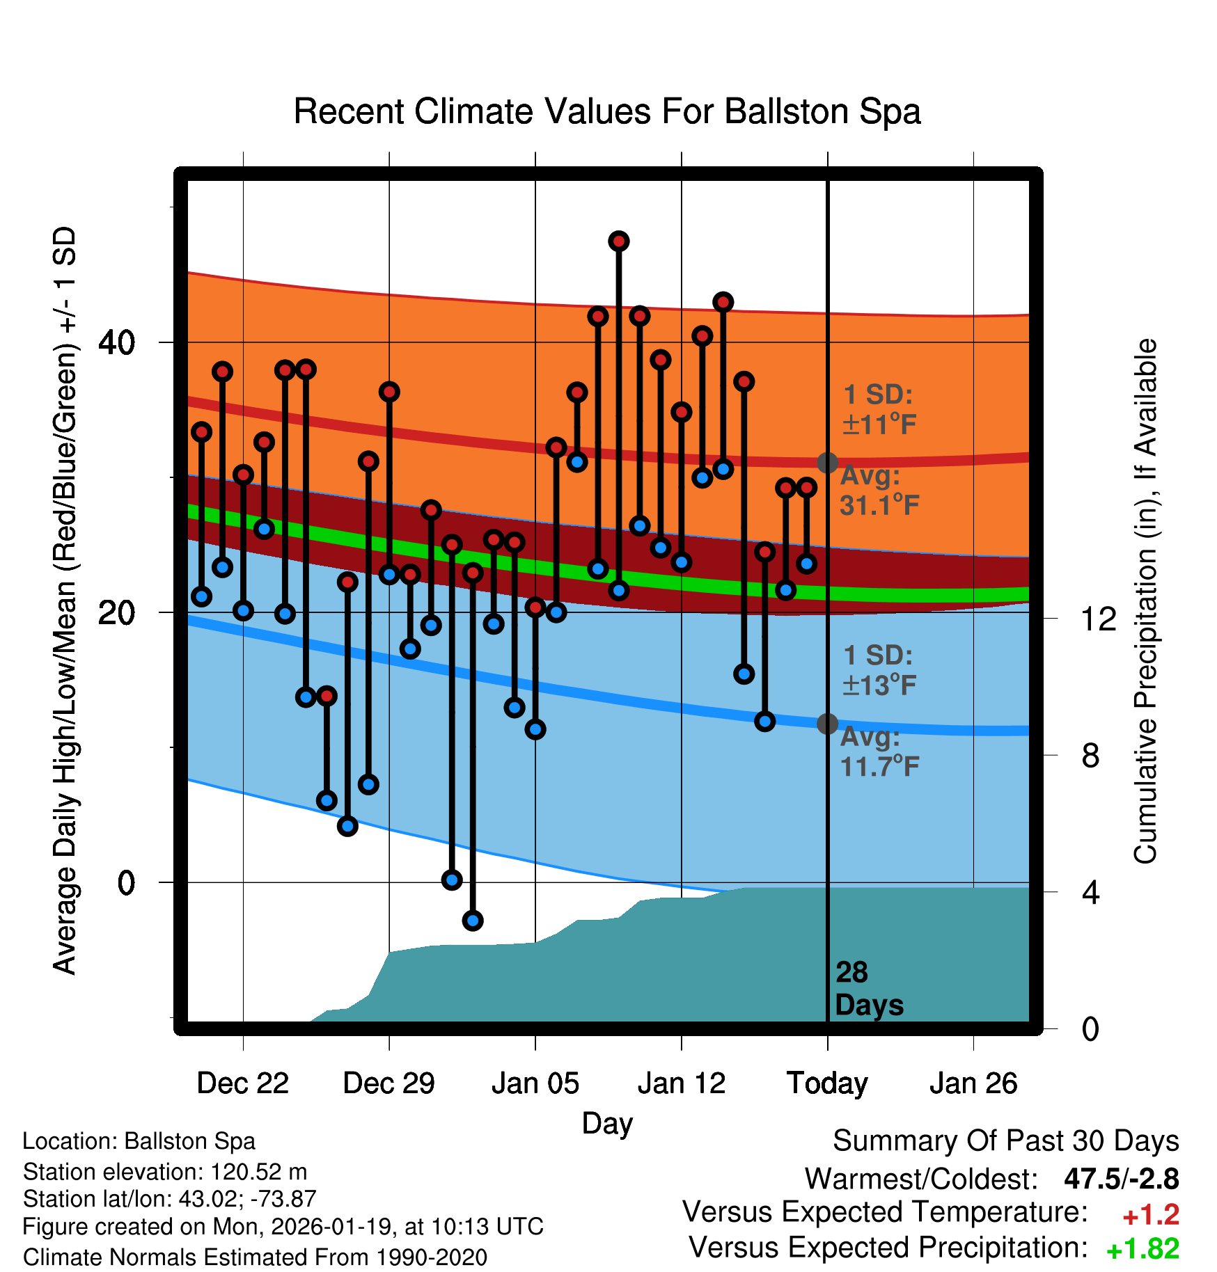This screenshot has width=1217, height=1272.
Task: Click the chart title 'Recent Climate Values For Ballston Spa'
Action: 607,111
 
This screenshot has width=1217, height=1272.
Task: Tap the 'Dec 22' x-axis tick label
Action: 242,1083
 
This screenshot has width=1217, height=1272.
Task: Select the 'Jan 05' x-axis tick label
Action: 535,1083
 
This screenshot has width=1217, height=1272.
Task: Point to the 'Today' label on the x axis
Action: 827,1083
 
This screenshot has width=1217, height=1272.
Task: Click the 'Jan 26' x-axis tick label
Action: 973,1083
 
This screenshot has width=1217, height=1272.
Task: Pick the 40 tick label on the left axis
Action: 117,342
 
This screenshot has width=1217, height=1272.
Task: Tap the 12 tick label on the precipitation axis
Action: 1099,619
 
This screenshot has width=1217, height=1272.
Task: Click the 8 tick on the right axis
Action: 1090,756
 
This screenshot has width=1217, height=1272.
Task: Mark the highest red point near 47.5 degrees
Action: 619,241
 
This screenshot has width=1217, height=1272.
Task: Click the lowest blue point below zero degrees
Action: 473,921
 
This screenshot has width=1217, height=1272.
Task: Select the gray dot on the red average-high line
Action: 827,462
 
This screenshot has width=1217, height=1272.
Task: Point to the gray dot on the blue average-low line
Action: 827,724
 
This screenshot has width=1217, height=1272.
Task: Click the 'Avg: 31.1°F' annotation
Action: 879,491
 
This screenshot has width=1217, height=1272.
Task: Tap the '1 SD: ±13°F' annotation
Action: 879,671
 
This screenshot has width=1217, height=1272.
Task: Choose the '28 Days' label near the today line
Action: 867,989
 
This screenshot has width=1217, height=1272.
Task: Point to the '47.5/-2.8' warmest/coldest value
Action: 1121,1179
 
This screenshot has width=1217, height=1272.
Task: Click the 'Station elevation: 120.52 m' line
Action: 165,1172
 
